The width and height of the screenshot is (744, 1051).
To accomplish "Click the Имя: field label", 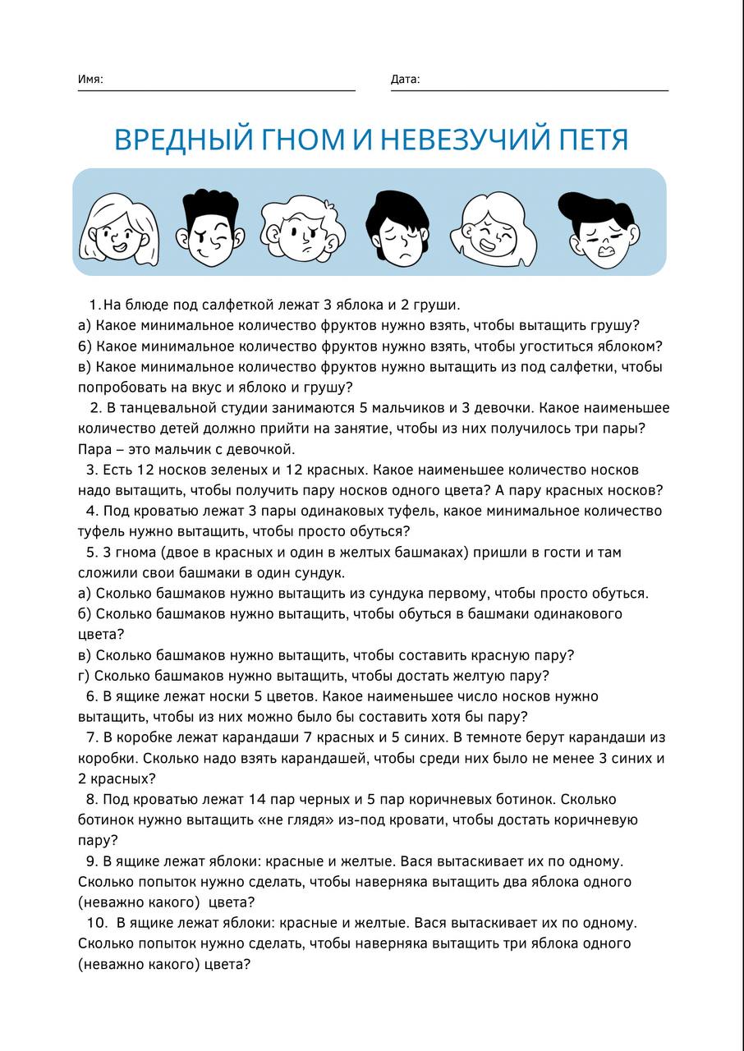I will click(90, 80).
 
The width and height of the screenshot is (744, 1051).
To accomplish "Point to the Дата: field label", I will click(405, 80).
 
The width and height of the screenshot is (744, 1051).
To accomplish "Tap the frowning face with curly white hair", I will click(300, 227).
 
